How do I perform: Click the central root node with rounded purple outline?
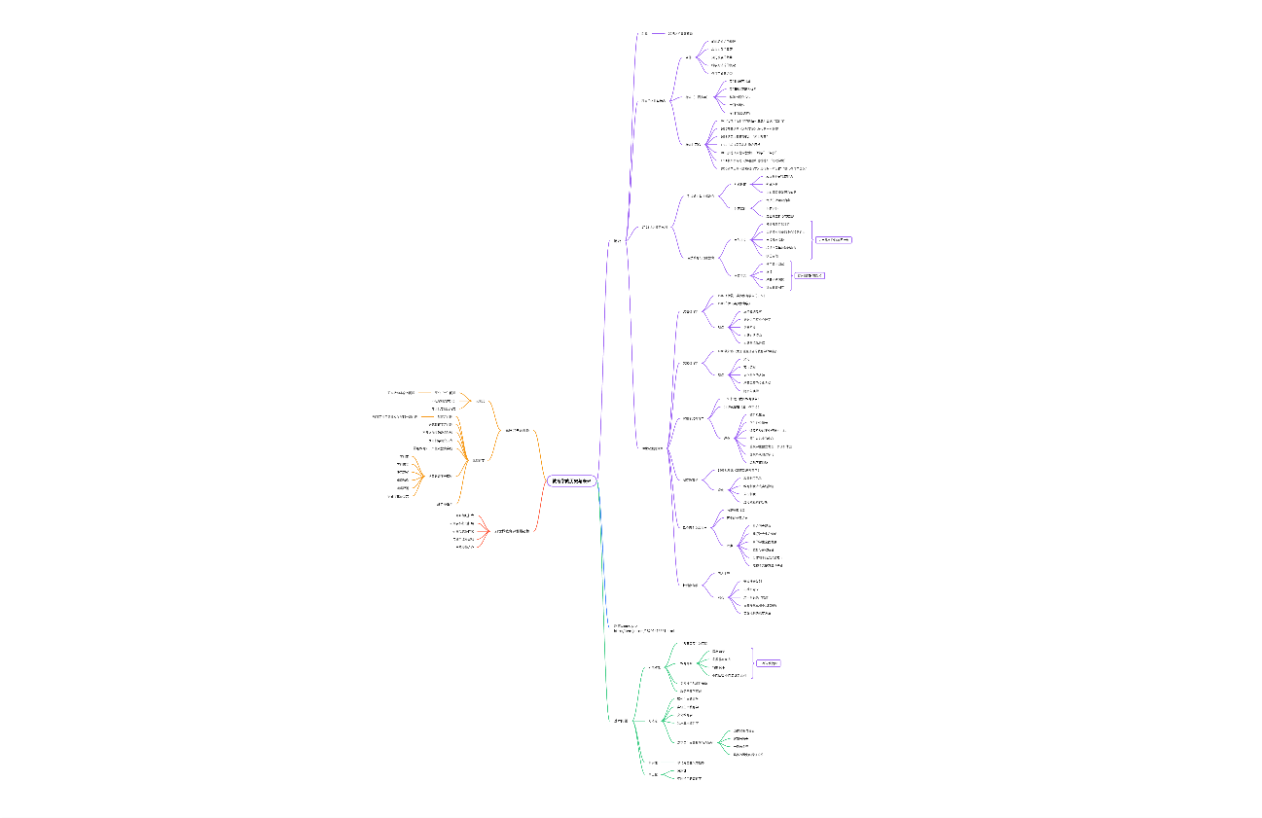point(570,480)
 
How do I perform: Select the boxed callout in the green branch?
point(768,663)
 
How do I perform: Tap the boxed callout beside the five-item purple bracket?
point(833,239)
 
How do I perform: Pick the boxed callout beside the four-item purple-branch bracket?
point(810,275)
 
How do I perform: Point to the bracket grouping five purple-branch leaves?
point(812,239)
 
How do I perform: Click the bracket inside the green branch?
point(752,663)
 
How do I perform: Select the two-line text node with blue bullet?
point(642,629)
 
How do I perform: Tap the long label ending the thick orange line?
point(395,416)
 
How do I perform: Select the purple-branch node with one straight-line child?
point(644,34)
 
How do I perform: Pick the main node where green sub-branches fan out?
point(620,721)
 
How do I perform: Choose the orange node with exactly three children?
point(479,401)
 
